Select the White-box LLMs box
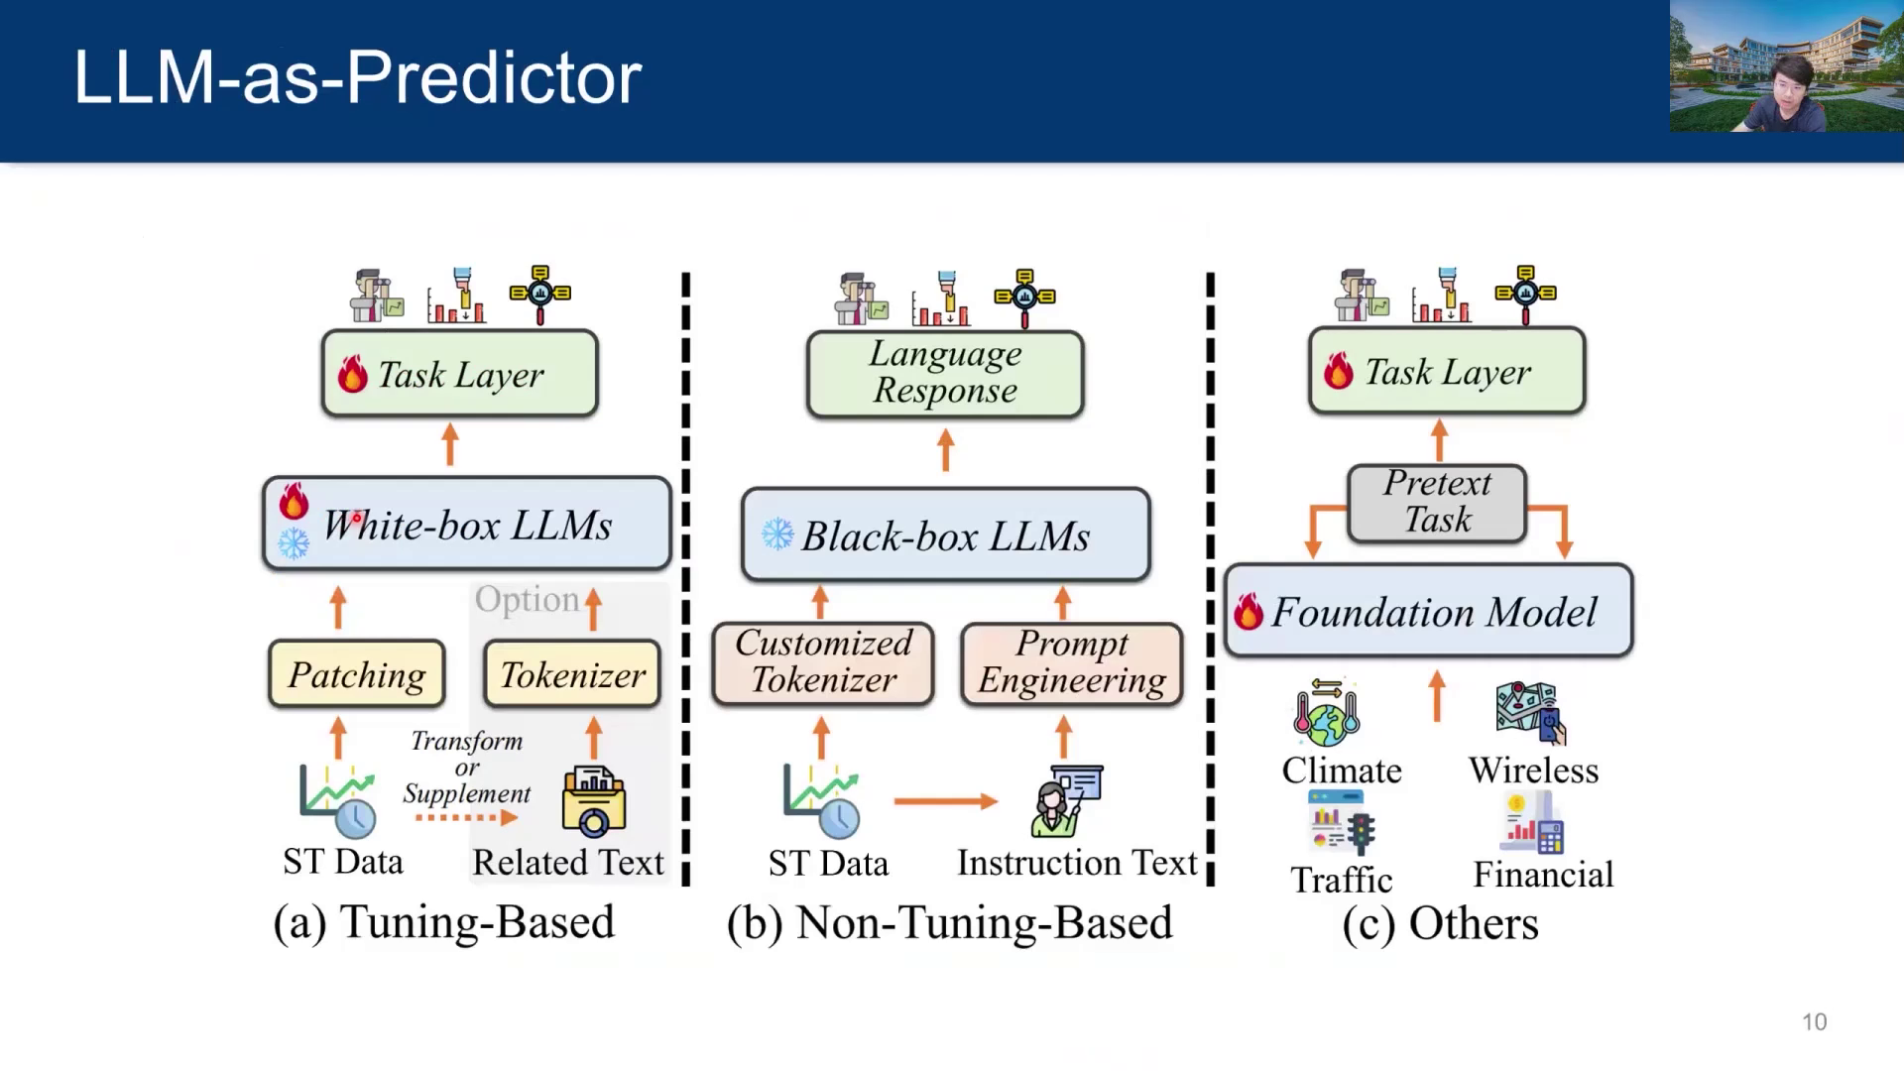pyautogui.click(x=467, y=524)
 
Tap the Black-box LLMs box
pyautogui.click(x=945, y=535)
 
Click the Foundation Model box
pyautogui.click(x=1428, y=611)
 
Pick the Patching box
pyautogui.click(x=357, y=674)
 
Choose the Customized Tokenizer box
pyautogui.click(x=823, y=662)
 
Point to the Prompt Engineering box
pyautogui.click(x=1072, y=662)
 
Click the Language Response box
pyautogui.click(x=945, y=373)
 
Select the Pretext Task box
pyautogui.click(x=1437, y=502)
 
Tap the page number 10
pyautogui.click(x=1814, y=1021)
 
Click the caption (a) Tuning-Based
pyautogui.click(x=444, y=922)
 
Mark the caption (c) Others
pyautogui.click(x=1440, y=924)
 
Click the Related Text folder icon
pyautogui.click(x=593, y=801)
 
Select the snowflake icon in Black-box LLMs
pyautogui.click(x=777, y=535)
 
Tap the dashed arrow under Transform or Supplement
pyautogui.click(x=466, y=818)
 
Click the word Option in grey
pyautogui.click(x=527, y=599)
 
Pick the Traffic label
pyautogui.click(x=1341, y=880)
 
